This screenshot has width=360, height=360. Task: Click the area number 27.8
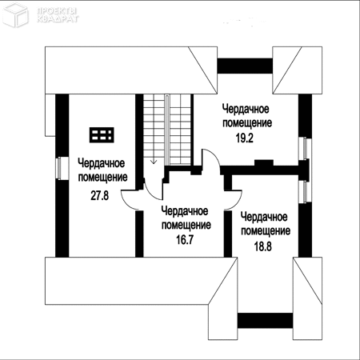point(100,196)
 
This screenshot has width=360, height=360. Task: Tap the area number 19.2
point(245,138)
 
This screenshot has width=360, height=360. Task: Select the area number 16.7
point(185,239)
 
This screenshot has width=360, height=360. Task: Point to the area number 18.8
point(263,246)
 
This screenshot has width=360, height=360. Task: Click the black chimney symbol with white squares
point(102,134)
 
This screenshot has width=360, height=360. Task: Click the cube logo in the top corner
point(15,14)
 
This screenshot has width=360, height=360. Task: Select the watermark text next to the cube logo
point(58,15)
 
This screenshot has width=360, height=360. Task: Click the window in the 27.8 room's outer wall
point(60,168)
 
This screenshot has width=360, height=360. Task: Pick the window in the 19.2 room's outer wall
point(305,149)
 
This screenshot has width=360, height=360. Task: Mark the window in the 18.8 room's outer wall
point(305,191)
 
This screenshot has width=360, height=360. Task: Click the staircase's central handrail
point(167,130)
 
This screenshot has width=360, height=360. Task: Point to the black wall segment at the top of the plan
point(245,66)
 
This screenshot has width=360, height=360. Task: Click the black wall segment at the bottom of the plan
point(265,321)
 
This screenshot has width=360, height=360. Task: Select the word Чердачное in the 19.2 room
point(246,109)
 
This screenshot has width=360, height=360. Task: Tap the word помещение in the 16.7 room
point(186,226)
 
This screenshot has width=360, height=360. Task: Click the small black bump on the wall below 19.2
point(264,162)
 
